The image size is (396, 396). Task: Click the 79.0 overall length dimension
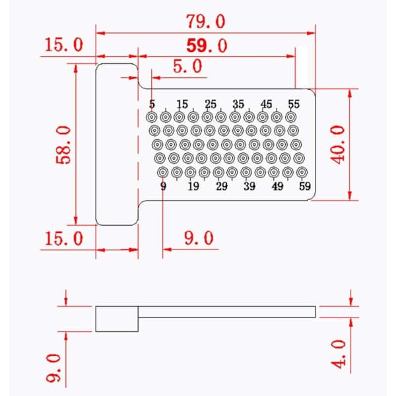coord(205,21)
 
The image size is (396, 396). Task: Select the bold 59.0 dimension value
coord(207,46)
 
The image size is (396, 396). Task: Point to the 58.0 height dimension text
coord(63,145)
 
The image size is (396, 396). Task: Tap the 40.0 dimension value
coord(338,145)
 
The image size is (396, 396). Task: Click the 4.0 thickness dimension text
coord(339,354)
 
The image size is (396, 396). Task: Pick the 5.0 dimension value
coord(187,66)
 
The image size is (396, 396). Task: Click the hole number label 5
coord(152,104)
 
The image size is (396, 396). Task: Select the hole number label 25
coord(211,104)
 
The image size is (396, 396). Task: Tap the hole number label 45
coord(266,104)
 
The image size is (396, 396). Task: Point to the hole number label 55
coord(294,104)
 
